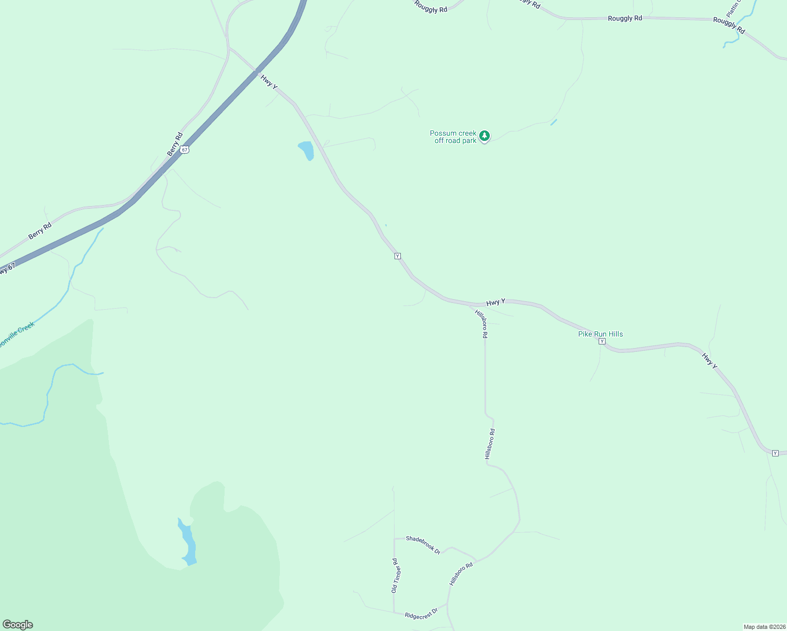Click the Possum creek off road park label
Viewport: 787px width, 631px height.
pyautogui.click(x=453, y=137)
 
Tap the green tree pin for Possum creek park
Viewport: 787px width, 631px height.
pyautogui.click(x=485, y=136)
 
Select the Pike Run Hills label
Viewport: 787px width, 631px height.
pyautogui.click(x=600, y=334)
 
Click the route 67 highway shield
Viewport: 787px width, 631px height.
pyautogui.click(x=184, y=149)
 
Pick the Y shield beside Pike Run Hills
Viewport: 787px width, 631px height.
pyautogui.click(x=602, y=341)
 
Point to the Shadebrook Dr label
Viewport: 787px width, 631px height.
pyautogui.click(x=423, y=545)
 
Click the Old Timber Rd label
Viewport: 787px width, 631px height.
pyautogui.click(x=395, y=576)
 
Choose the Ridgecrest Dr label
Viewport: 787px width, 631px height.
pyautogui.click(x=421, y=614)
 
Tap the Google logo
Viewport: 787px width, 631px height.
pyautogui.click(x=18, y=625)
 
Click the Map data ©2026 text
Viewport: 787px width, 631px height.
pyautogui.click(x=763, y=627)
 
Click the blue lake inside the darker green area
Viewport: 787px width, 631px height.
pyautogui.click(x=188, y=542)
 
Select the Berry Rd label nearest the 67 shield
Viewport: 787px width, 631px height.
pyautogui.click(x=175, y=144)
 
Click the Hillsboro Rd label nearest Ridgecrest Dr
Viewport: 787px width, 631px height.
pyautogui.click(x=461, y=574)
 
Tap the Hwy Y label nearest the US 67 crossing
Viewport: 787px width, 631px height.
pyautogui.click(x=269, y=82)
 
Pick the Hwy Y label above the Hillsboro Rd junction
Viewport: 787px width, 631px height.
pyautogui.click(x=496, y=302)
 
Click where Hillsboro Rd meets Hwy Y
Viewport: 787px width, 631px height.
pyautogui.click(x=470, y=306)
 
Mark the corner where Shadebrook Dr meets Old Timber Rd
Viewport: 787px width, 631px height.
pyautogui.click(x=394, y=538)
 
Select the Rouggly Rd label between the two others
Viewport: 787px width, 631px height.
pyautogui.click(x=625, y=18)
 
